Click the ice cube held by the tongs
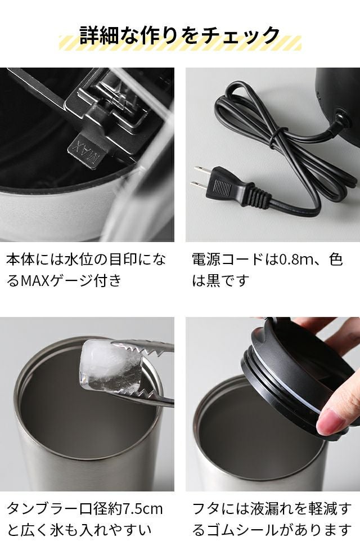click(111, 366)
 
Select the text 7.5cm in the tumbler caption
click(143, 508)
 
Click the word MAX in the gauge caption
click(35, 280)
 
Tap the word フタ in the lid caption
click(206, 508)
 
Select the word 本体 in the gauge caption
click(21, 260)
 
